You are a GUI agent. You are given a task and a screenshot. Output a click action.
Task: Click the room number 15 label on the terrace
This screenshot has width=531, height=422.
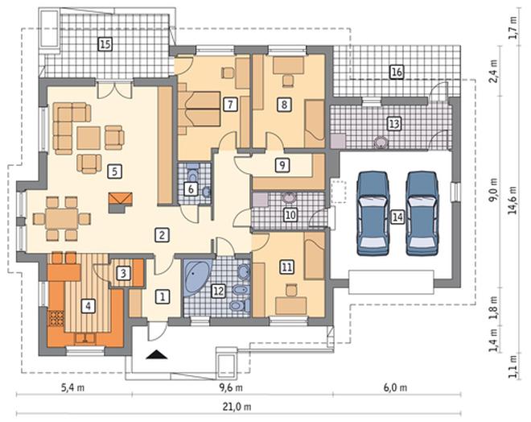105,44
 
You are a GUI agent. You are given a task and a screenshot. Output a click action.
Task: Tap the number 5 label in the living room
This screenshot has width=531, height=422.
114,172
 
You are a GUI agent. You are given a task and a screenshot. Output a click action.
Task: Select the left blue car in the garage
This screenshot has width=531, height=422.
373,213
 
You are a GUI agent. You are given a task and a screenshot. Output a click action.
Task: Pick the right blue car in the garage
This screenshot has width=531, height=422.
422,213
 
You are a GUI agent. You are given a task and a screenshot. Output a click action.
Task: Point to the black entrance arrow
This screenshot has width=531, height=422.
157,354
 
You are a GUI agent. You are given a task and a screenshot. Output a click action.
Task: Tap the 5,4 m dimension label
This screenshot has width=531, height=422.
72,387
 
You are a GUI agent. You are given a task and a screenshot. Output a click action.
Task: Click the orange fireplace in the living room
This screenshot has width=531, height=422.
120,202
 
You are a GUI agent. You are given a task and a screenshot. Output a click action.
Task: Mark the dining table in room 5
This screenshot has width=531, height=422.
62,218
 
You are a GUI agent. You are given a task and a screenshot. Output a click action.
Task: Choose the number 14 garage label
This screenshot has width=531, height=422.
397,217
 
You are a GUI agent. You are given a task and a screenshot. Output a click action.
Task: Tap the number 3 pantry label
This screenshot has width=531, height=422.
123,272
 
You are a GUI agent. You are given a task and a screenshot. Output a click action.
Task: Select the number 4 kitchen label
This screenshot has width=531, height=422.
88,306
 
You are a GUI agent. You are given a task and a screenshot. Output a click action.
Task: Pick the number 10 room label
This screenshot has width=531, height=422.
290,214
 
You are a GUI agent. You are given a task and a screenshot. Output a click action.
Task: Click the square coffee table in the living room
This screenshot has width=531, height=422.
88,138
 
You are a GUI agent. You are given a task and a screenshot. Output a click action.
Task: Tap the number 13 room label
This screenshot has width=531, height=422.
394,124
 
